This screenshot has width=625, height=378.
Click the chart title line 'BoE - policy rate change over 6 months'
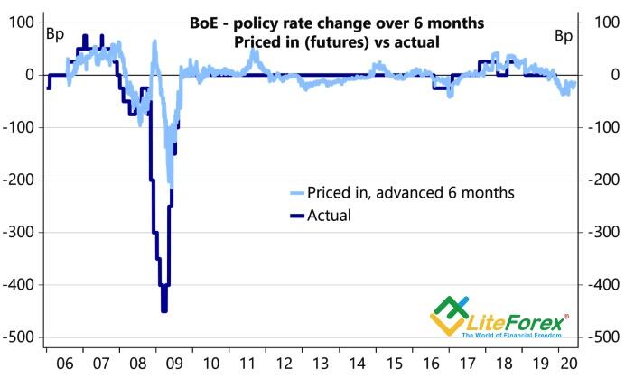tap(337, 23)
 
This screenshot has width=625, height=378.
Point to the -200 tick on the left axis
tap(20, 180)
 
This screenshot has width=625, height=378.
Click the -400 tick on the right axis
tap(604, 285)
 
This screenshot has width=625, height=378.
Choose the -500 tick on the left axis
tap(20, 337)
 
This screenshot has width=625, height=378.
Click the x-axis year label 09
tap(174, 364)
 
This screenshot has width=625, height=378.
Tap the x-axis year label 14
tap(357, 364)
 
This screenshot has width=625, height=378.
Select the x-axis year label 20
tap(569, 364)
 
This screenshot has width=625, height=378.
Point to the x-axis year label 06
tap(64, 364)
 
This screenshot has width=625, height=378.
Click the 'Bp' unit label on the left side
tap(55, 34)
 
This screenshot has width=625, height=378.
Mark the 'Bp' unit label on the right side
tap(564, 36)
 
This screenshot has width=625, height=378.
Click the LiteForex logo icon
tap(449, 316)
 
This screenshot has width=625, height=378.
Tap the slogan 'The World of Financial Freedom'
tap(511, 335)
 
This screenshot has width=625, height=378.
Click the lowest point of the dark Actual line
tap(163, 311)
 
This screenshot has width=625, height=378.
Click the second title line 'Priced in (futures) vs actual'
tap(337, 41)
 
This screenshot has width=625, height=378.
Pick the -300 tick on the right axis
tap(604, 232)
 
